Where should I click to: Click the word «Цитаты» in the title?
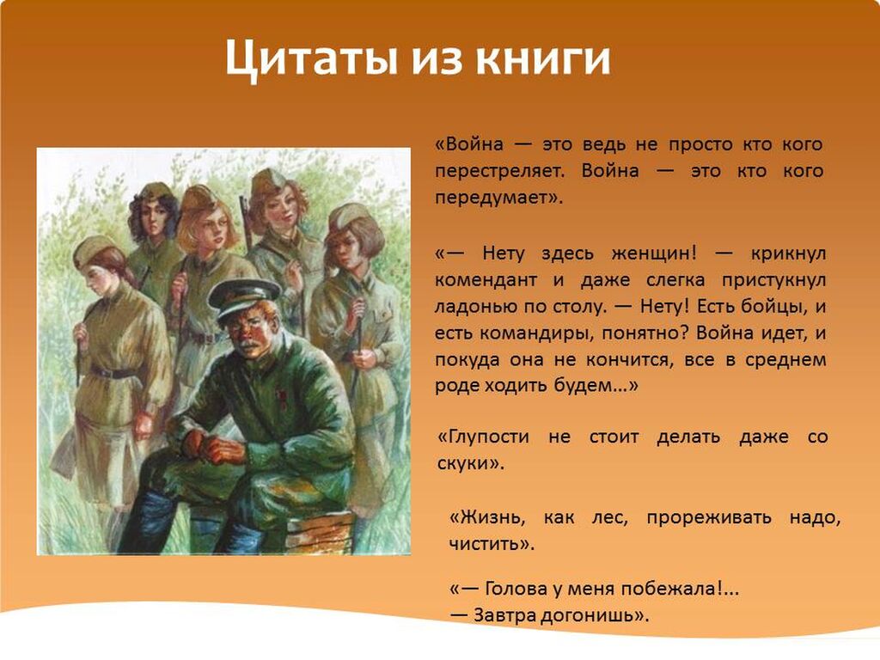311,58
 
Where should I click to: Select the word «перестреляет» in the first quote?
498,171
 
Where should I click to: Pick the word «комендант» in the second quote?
485,279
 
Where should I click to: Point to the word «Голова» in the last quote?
516,589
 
